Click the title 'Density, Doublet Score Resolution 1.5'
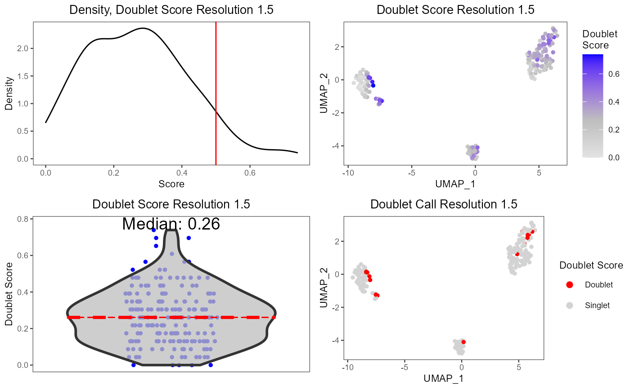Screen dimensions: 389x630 pos(171,10)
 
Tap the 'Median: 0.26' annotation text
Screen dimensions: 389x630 pos(171,224)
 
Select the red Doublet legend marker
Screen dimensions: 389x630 pos(570,284)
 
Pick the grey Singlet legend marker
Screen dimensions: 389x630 pos(570,305)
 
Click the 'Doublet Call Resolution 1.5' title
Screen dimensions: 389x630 pos(444,204)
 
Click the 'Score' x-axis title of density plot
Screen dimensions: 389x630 pos(171,184)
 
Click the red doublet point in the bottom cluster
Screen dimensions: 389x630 pos(463,342)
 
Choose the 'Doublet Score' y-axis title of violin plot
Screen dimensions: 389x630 pos(9,294)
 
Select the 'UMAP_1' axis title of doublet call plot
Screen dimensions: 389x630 pos(444,379)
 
